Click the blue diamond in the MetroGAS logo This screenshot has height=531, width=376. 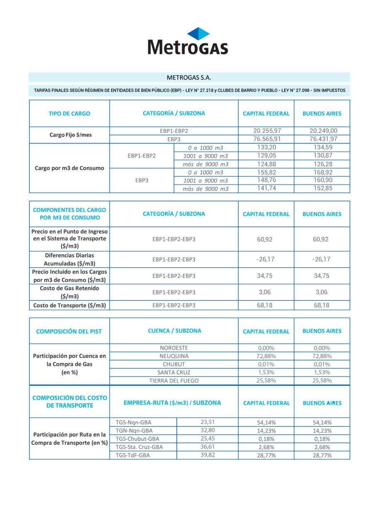pyautogui.click(x=198, y=34)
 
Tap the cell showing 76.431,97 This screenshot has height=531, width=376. pyautogui.click(x=322, y=139)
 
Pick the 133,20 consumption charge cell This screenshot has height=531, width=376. pyautogui.click(x=266, y=147)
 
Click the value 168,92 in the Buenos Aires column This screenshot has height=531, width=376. pyautogui.click(x=322, y=172)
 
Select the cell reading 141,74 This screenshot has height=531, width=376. pyautogui.click(x=266, y=188)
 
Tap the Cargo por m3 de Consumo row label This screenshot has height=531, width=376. pyautogui.click(x=69, y=168)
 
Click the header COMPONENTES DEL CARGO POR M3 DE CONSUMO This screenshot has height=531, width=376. pyautogui.click(x=69, y=214)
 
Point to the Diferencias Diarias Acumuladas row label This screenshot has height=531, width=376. pyautogui.click(x=69, y=259)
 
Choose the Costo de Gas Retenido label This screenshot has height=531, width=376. pyautogui.click(x=69, y=292)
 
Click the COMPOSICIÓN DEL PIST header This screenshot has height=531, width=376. pyautogui.click(x=69, y=331)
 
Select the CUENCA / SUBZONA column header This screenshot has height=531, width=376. pyautogui.click(x=174, y=331)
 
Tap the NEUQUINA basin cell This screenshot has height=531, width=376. pyautogui.click(x=174, y=356)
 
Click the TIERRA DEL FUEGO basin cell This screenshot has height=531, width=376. pyautogui.click(x=174, y=380)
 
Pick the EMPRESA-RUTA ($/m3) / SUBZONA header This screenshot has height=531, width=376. pyautogui.click(x=172, y=403)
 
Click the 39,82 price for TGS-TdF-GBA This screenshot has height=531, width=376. pyautogui.click(x=208, y=455)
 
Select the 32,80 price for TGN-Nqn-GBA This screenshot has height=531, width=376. pyautogui.click(x=208, y=430)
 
